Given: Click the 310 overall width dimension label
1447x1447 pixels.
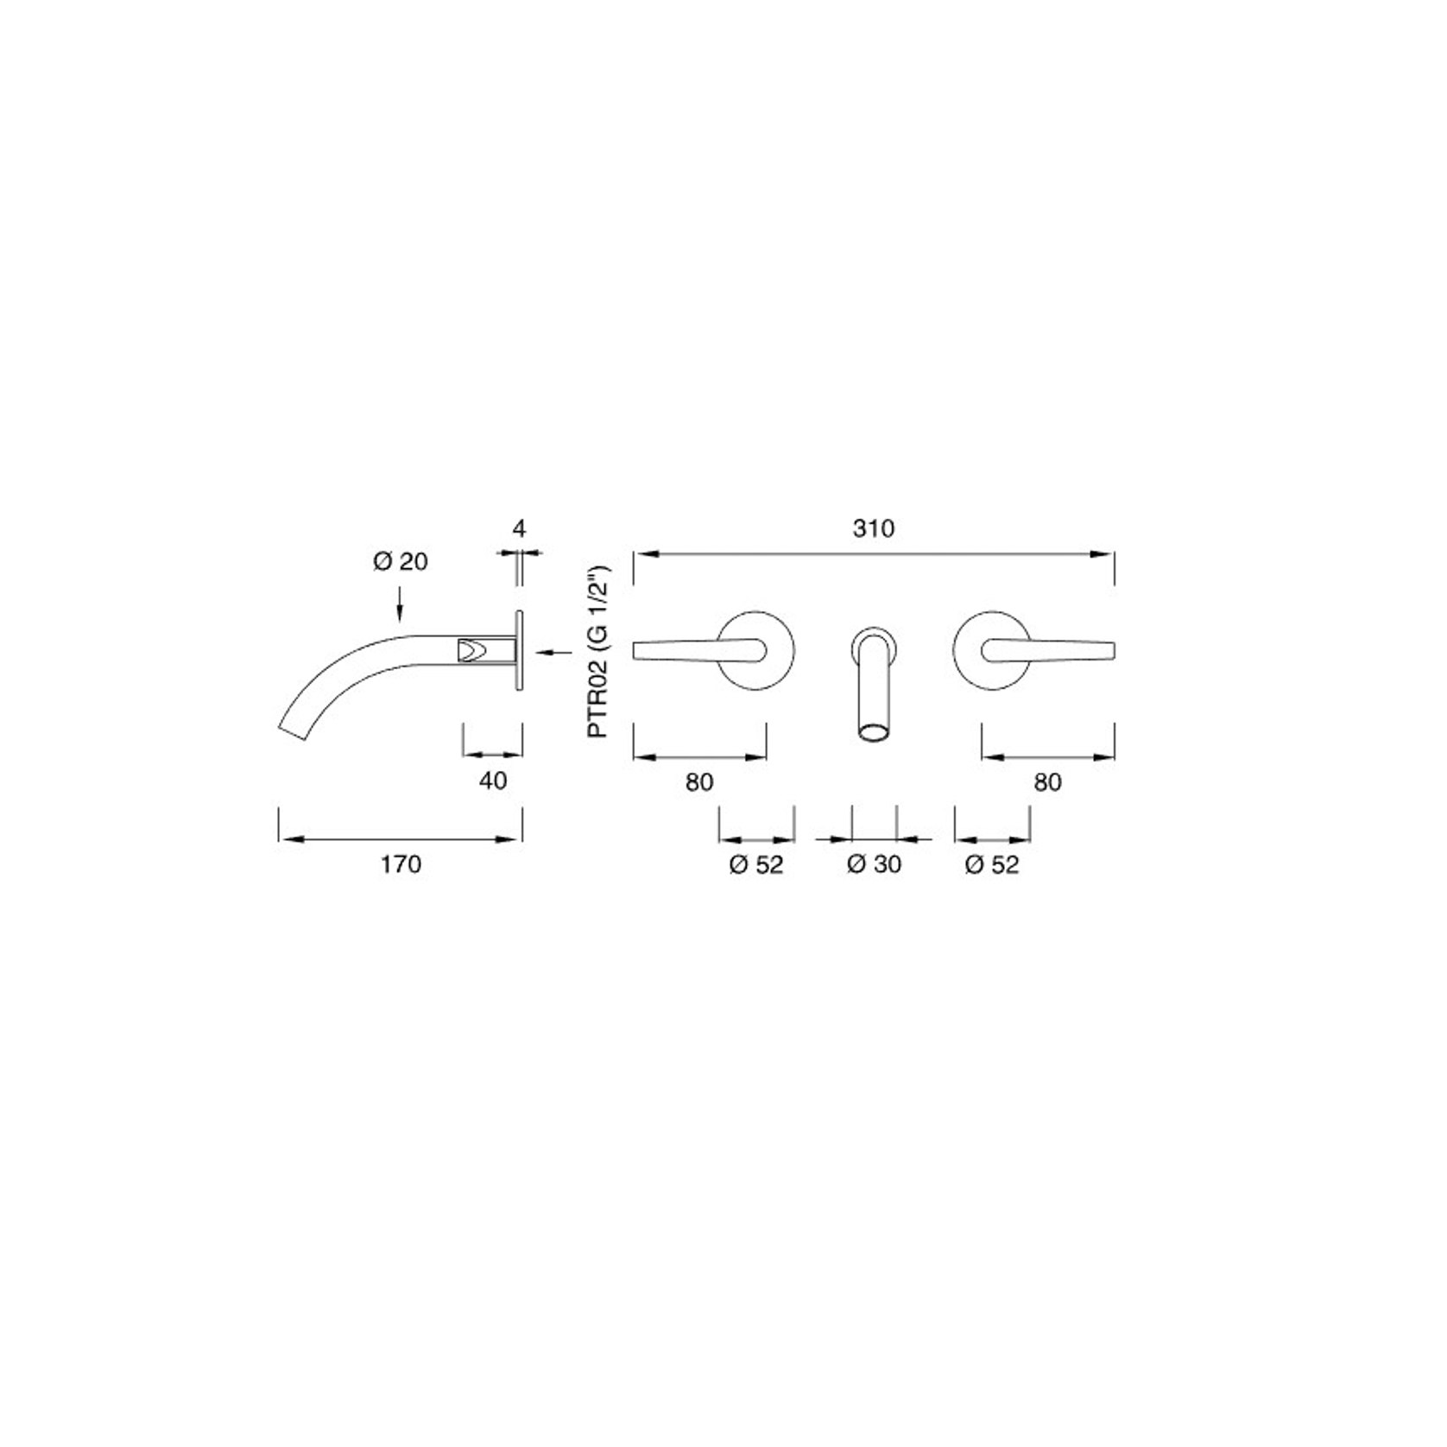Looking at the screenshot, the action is click(x=874, y=528).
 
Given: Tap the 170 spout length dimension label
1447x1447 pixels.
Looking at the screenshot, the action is click(x=401, y=864).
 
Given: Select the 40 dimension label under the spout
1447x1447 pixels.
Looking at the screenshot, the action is click(x=493, y=781).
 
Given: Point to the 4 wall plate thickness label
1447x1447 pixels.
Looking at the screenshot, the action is click(x=519, y=528).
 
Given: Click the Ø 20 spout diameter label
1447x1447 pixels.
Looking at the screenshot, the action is click(x=401, y=562).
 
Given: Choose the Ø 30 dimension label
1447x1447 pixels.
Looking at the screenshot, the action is click(x=874, y=864).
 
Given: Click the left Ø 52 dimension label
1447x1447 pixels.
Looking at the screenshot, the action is click(x=756, y=864).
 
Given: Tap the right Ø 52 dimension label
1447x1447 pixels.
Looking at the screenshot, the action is click(x=992, y=864).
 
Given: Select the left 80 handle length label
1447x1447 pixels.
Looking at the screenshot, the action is click(x=699, y=782).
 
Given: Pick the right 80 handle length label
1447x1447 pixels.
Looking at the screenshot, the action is click(x=1047, y=782).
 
